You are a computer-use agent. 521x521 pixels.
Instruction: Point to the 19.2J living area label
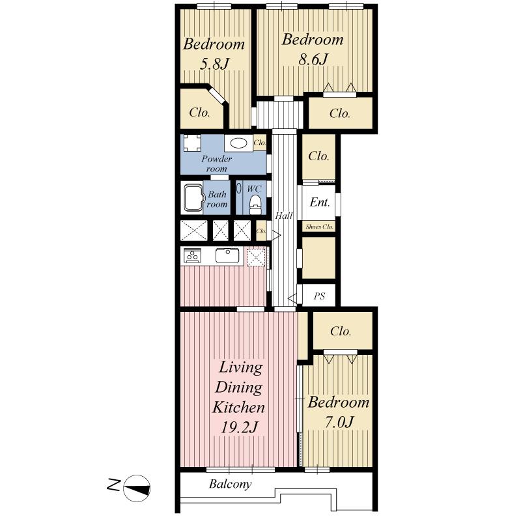(x=238, y=428)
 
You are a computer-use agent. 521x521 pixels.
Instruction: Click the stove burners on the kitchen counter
(x=193, y=256)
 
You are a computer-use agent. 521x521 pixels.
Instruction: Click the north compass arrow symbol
(x=137, y=486)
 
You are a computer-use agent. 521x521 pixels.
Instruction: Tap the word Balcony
(x=230, y=485)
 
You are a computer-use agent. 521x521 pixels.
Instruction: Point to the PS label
(x=319, y=296)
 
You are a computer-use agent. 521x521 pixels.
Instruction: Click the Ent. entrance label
(x=319, y=203)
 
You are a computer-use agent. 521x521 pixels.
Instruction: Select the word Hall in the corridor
(x=283, y=216)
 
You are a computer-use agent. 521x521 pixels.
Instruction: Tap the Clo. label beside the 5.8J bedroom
(x=199, y=113)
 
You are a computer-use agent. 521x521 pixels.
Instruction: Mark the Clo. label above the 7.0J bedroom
(x=341, y=331)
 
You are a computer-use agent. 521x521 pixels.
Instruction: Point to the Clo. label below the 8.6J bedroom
(x=339, y=113)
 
